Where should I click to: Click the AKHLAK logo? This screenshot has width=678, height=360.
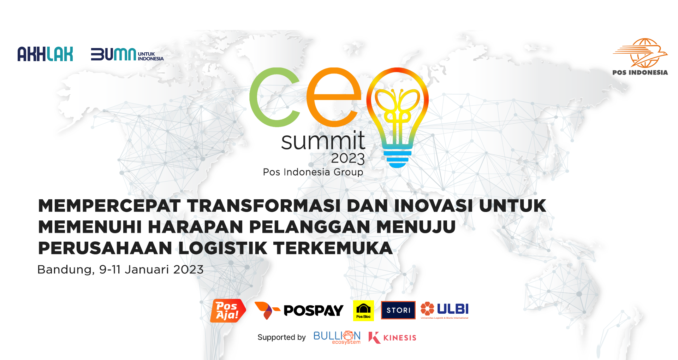click(x=45, y=54)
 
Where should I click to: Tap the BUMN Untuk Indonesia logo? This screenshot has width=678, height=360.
click(x=127, y=54)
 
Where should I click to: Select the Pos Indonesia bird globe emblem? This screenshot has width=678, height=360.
click(x=640, y=53)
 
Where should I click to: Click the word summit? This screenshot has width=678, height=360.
click(x=323, y=141)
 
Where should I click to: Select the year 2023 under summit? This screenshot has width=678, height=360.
click(x=347, y=159)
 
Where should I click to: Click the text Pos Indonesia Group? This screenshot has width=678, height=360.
click(x=313, y=172)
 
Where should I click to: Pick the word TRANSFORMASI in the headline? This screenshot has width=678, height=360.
click(x=264, y=206)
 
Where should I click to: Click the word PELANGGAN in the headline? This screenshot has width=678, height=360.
click(x=310, y=226)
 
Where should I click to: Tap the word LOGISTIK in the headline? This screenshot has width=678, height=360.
click(x=223, y=248)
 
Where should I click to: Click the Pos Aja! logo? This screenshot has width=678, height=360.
click(x=228, y=311)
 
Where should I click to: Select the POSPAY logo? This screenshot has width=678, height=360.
click(x=299, y=311)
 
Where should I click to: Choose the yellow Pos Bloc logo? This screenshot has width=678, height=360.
click(x=363, y=311)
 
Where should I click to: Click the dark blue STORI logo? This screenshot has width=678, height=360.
click(x=398, y=310)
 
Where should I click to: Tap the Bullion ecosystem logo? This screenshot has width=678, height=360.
click(x=337, y=337)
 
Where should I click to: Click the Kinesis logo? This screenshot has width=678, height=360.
click(x=392, y=338)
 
